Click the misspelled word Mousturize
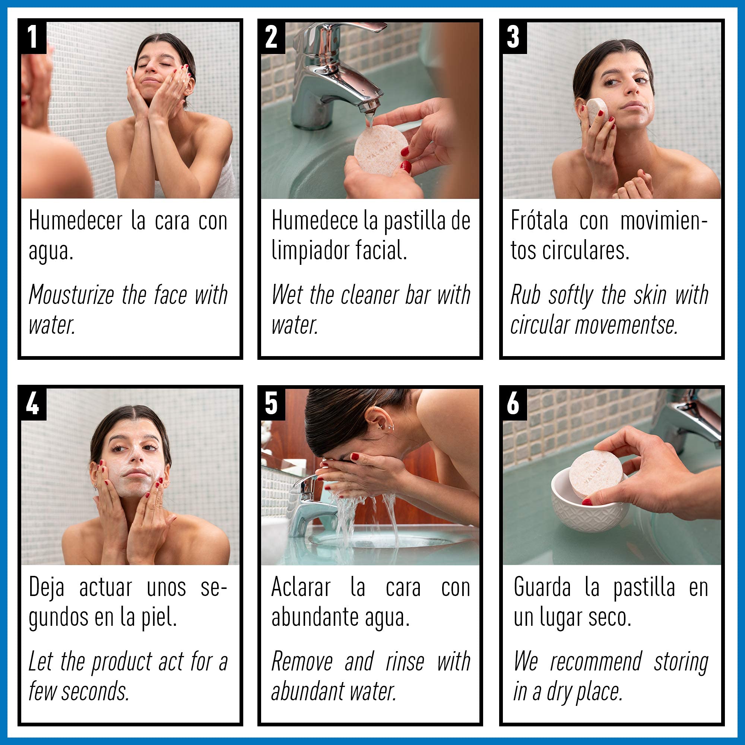(72, 295)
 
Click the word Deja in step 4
(46, 588)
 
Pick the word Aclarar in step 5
(301, 587)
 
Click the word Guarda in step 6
(542, 587)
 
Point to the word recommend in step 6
(596, 662)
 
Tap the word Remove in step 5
(302, 662)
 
